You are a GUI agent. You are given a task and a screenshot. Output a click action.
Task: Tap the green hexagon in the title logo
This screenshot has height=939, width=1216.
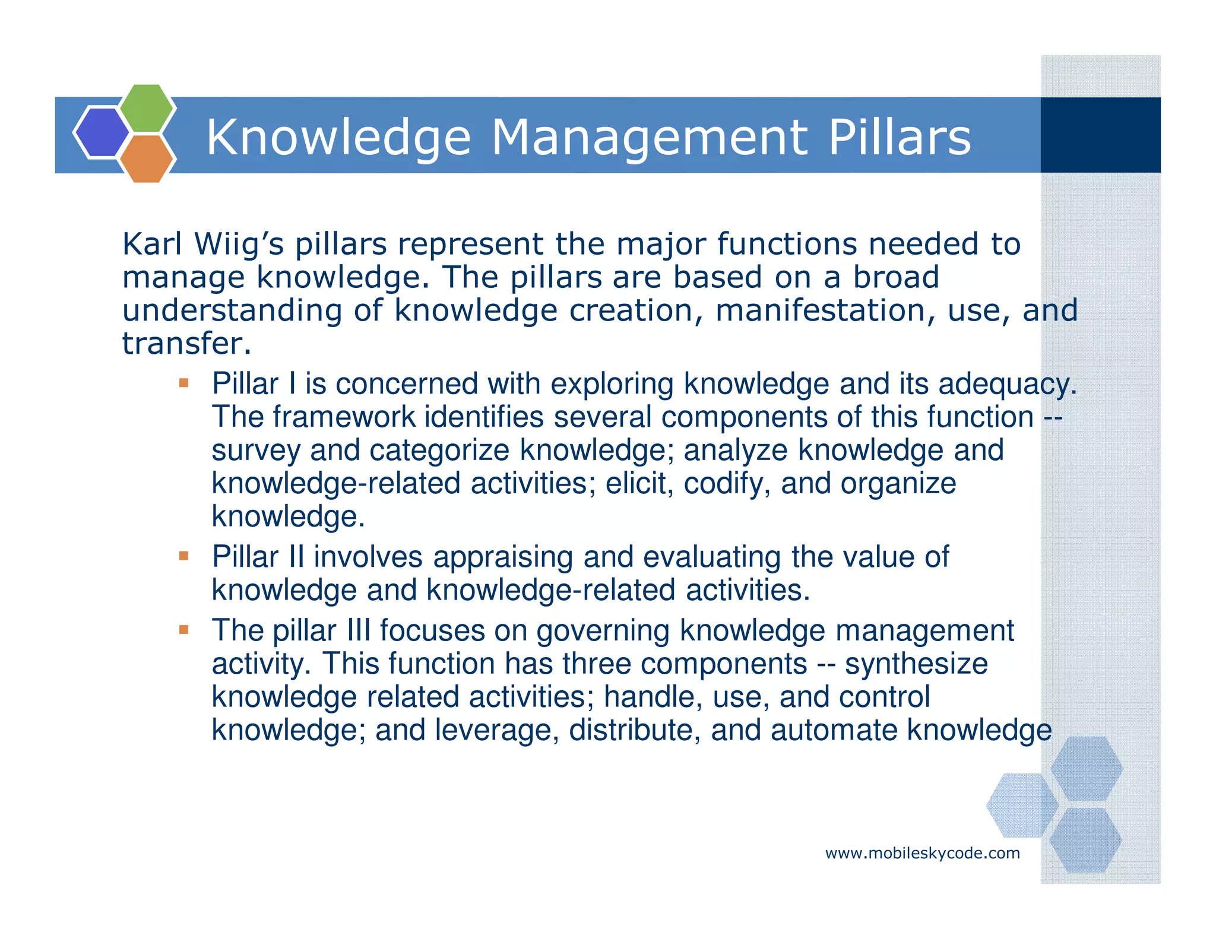147,108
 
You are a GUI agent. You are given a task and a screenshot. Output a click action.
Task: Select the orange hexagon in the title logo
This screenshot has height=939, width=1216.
147,158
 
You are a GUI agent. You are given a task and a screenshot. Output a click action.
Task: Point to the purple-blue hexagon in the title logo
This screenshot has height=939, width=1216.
101,132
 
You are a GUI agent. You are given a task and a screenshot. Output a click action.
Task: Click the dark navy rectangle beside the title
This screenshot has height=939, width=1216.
1100,135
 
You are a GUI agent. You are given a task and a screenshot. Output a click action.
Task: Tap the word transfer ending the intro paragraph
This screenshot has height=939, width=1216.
183,344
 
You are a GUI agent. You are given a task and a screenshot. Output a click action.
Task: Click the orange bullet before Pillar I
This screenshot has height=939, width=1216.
184,383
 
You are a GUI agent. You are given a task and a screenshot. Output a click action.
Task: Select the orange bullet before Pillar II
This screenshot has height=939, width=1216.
184,556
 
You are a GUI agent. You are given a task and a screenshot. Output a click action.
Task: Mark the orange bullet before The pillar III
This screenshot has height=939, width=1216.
184,629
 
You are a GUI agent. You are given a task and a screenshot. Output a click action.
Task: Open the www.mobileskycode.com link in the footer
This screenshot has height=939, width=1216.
922,854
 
